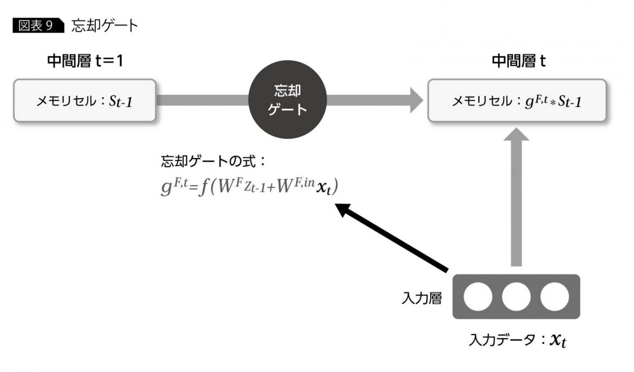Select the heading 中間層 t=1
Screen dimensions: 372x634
pos(85,61)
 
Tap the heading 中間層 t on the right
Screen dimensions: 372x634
pos(518,61)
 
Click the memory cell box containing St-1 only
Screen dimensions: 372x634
pos(85,101)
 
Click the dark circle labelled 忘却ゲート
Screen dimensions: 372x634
pos(288,101)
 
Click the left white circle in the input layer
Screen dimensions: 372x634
pos(478,297)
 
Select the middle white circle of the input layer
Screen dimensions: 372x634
pos(516,297)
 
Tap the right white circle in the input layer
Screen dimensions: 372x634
pos(554,297)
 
